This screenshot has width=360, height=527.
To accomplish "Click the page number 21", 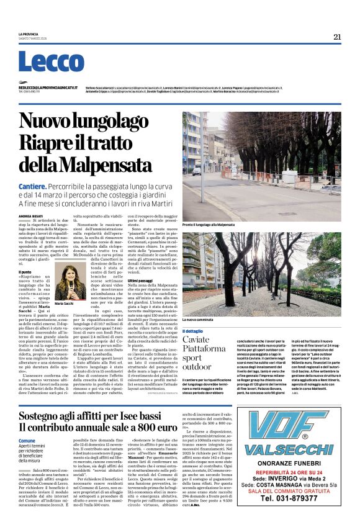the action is [x=337, y=37].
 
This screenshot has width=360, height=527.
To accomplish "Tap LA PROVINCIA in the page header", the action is [x=29, y=34].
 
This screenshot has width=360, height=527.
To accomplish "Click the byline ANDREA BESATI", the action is [x=29, y=215].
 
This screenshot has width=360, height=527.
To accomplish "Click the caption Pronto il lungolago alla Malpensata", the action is [x=209, y=224].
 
